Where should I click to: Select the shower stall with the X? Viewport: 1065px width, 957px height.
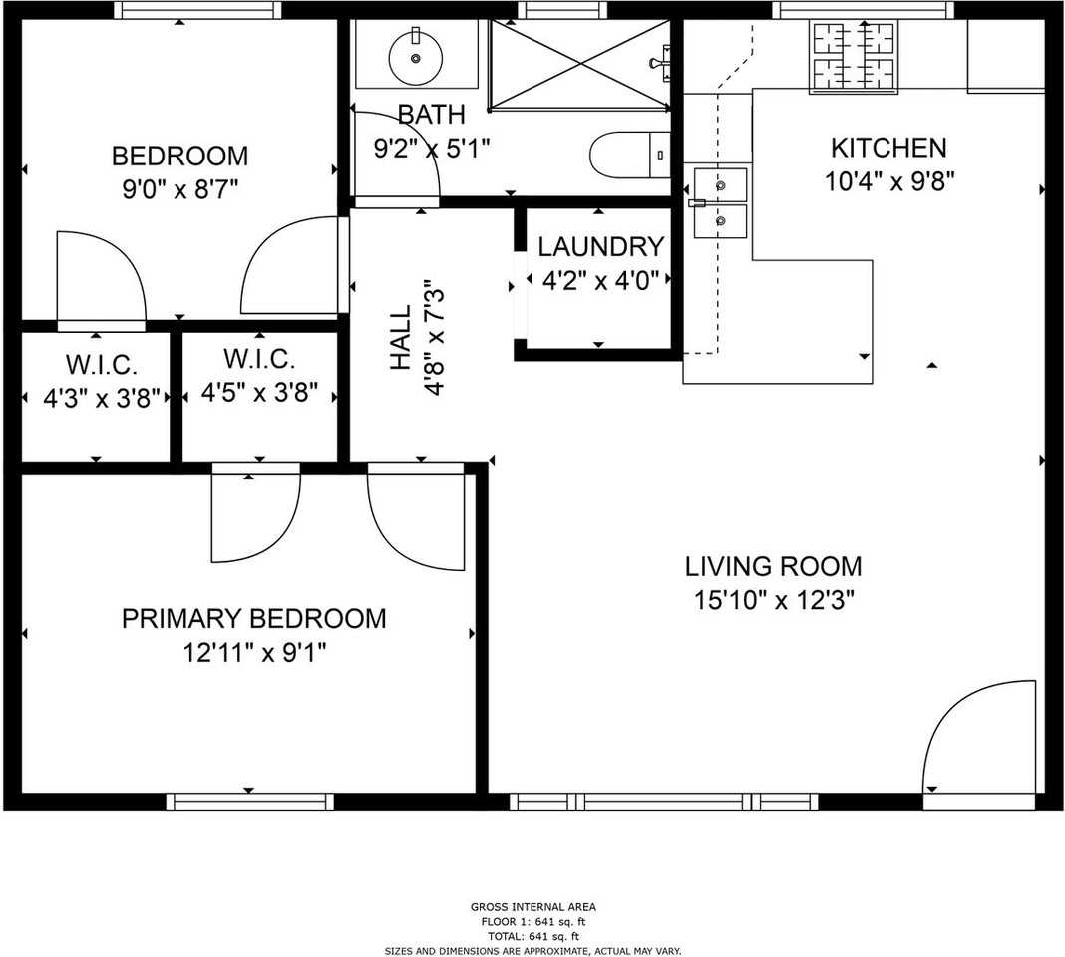click(x=578, y=63)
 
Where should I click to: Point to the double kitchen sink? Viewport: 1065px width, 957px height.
click(x=720, y=202)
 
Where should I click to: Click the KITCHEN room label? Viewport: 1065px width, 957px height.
click(x=888, y=149)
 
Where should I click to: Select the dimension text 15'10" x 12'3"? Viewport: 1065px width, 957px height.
click(x=774, y=601)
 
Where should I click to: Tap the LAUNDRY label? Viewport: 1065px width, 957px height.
click(x=600, y=247)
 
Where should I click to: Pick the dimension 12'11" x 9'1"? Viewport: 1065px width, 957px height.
click(x=254, y=653)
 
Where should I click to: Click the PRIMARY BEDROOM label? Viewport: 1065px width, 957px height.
click(x=253, y=619)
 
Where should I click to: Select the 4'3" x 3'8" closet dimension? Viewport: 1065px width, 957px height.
click(x=96, y=399)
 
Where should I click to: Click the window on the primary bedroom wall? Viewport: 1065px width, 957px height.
click(x=249, y=801)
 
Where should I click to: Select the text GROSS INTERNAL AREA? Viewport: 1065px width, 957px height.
click(x=532, y=907)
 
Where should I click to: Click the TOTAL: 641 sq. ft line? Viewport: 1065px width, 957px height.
click(x=532, y=936)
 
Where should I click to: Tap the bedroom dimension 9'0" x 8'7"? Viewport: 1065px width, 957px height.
click(x=179, y=188)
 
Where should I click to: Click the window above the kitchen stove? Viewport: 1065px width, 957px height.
click(x=864, y=10)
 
